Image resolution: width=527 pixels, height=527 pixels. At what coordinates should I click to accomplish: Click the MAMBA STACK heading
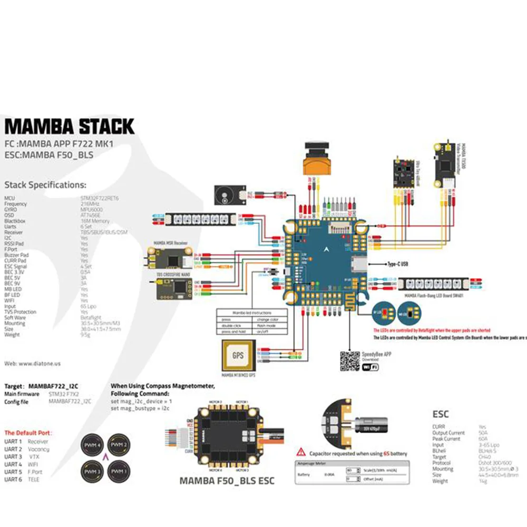pyautogui.click(x=69, y=126)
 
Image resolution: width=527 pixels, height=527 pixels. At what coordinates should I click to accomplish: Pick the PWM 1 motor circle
pyautogui.click(x=119, y=471)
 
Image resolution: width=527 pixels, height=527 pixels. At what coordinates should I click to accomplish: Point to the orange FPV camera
pyautogui.click(x=316, y=161)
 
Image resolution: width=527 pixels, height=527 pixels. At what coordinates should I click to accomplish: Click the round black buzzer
pyautogui.click(x=226, y=196)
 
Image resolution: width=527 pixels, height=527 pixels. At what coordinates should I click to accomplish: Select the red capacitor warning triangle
pyautogui.click(x=301, y=452)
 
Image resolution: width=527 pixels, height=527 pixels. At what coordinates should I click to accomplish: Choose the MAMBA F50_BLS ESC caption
pyautogui.click(x=227, y=481)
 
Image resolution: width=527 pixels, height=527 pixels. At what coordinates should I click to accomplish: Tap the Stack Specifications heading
pyautogui.click(x=45, y=185)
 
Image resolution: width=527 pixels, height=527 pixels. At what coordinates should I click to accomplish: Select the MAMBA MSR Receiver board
pyautogui.click(x=171, y=258)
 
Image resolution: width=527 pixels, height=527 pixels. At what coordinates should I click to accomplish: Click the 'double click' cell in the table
pyautogui.click(x=233, y=326)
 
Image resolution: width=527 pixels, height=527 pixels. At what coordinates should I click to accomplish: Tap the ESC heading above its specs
pyautogui.click(x=440, y=415)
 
